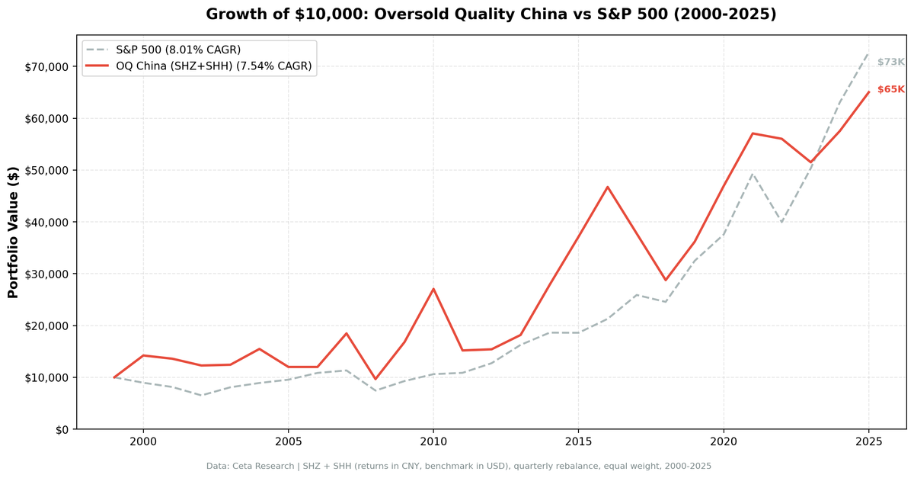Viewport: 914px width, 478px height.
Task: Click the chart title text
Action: pos(491,14)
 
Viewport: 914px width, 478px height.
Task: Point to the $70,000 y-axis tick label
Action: pos(46,67)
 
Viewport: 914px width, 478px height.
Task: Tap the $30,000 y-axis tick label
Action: pos(46,274)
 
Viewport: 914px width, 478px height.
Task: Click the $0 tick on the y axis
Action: pos(61,429)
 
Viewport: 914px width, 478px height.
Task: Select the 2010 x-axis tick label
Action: pos(433,442)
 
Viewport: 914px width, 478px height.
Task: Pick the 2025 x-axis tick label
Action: pos(868,442)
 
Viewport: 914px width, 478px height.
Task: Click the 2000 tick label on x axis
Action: pos(143,442)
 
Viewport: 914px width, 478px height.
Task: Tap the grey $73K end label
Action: pos(890,63)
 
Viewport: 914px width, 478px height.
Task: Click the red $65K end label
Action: pos(890,90)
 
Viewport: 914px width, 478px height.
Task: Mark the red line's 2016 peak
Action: pos(607,187)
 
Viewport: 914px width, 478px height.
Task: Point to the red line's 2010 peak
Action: pos(433,289)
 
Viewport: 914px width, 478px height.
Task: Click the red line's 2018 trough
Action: pos(665,280)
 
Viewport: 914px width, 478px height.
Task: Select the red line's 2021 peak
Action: pos(753,133)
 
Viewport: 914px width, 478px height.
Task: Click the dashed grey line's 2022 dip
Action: pos(781,222)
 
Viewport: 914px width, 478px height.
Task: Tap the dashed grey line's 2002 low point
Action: pos(201,395)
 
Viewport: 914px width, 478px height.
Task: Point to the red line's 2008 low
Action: pos(375,379)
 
